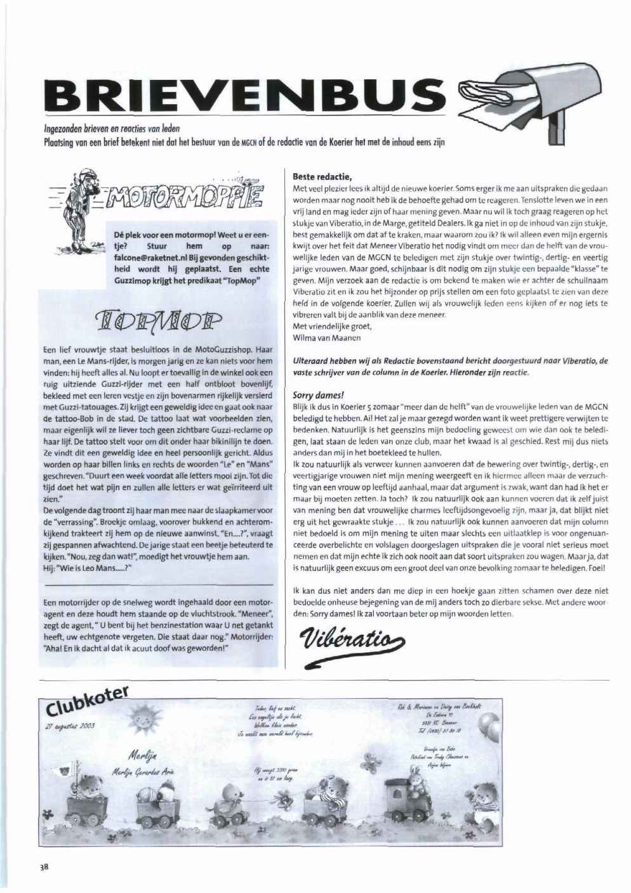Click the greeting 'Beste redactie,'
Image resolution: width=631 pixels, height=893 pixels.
[x=322, y=177]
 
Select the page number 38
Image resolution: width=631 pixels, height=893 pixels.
[x=44, y=868]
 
